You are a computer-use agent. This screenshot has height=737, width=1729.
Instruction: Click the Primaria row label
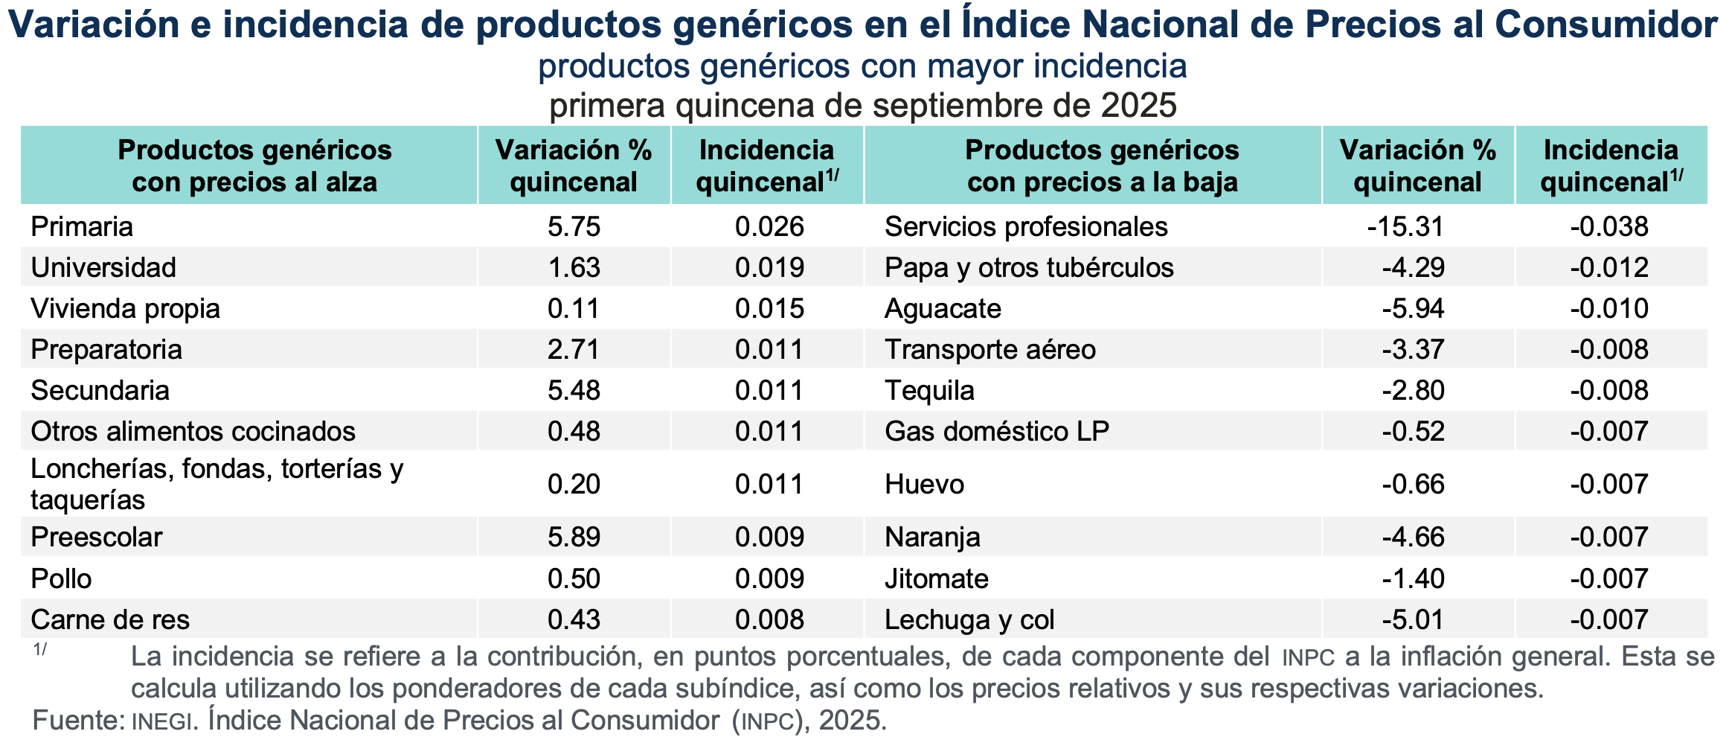click(82, 226)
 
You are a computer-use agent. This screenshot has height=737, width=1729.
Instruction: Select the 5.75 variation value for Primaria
click(574, 226)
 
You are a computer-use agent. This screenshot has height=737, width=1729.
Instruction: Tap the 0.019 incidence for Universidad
click(769, 267)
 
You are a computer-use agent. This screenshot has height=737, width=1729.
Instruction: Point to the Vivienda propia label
click(125, 308)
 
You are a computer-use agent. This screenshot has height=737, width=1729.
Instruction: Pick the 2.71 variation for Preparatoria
click(574, 349)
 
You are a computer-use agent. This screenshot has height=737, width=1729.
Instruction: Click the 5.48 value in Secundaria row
click(574, 390)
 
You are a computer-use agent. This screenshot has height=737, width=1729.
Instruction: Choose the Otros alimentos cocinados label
click(193, 431)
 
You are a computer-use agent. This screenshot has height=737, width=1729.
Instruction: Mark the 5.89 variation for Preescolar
click(574, 537)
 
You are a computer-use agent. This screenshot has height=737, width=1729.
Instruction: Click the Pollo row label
click(61, 578)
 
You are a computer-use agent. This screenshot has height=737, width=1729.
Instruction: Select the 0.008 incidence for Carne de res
click(769, 619)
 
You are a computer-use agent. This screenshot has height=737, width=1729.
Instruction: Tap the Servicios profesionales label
click(1026, 226)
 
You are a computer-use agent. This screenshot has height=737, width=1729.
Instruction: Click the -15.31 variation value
click(1405, 226)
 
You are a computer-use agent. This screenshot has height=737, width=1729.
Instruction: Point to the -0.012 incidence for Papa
click(1609, 267)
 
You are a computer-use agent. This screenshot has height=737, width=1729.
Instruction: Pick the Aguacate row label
click(943, 308)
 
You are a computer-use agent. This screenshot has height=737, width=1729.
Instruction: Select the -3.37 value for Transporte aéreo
click(1413, 349)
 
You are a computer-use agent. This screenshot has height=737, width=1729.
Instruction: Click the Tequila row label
click(929, 390)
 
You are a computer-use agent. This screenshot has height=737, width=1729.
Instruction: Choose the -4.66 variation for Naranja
click(1413, 537)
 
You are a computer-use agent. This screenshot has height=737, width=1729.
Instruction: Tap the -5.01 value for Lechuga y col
click(1413, 619)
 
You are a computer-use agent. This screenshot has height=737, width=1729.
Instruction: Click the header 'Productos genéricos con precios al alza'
click(254, 166)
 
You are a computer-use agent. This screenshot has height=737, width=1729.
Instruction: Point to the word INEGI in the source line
click(161, 721)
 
